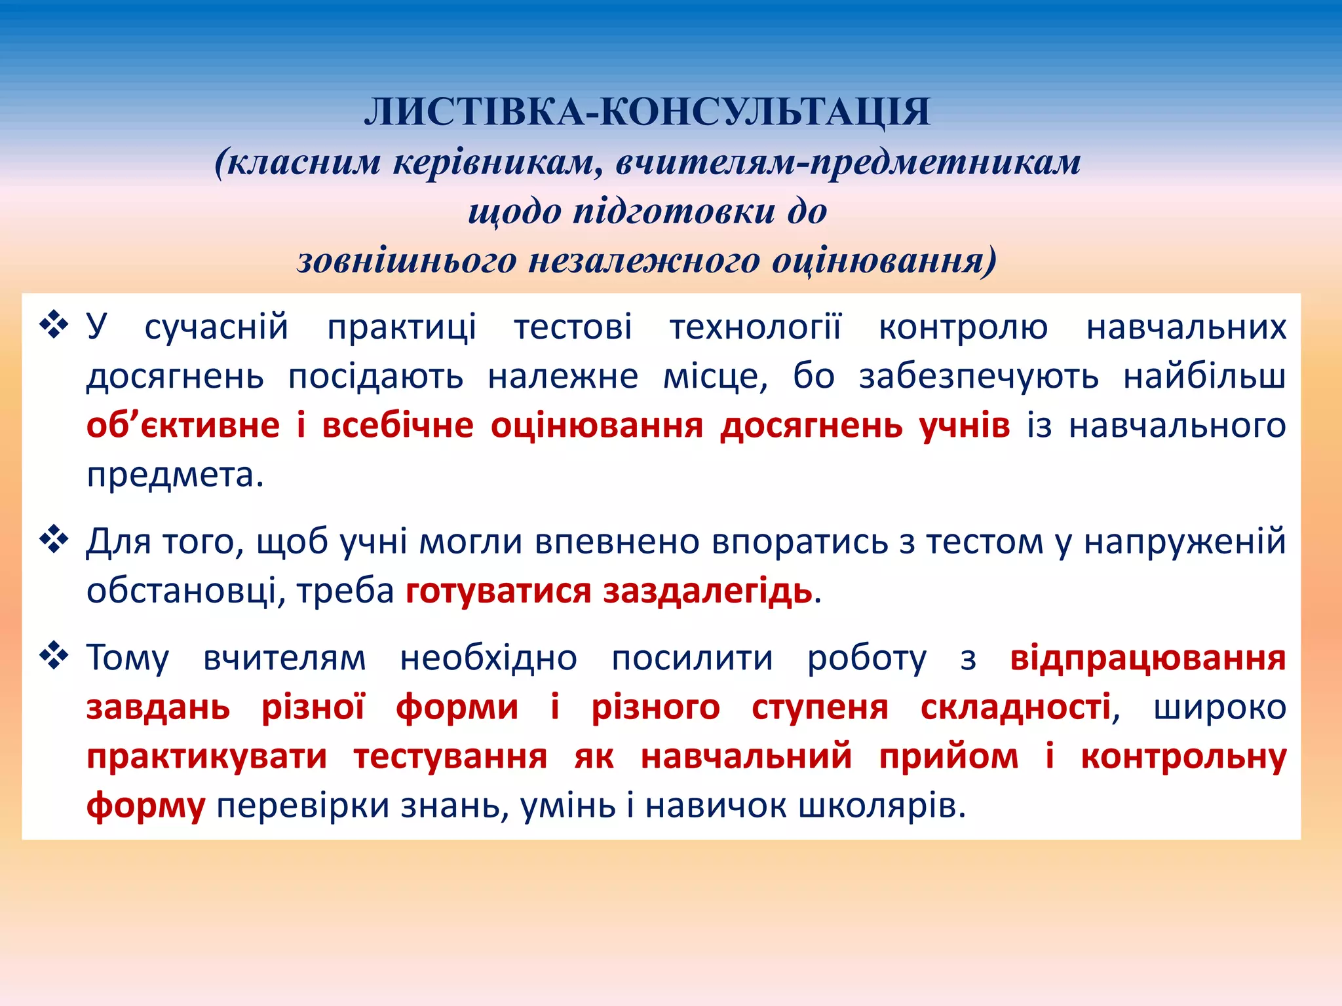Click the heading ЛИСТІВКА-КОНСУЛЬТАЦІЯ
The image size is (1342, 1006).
(x=647, y=112)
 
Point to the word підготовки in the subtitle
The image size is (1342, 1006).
(x=674, y=212)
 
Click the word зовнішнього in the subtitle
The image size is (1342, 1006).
(x=407, y=261)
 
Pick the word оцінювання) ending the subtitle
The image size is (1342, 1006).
(x=884, y=261)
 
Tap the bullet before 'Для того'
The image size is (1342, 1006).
(x=54, y=540)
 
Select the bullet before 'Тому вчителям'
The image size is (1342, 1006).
(x=54, y=656)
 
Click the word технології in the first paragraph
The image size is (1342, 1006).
(x=755, y=327)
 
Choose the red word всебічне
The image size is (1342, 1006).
(x=397, y=426)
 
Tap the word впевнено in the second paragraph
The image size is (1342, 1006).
(x=617, y=542)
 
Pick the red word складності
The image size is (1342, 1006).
(x=1015, y=707)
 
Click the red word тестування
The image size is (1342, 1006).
(x=450, y=757)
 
